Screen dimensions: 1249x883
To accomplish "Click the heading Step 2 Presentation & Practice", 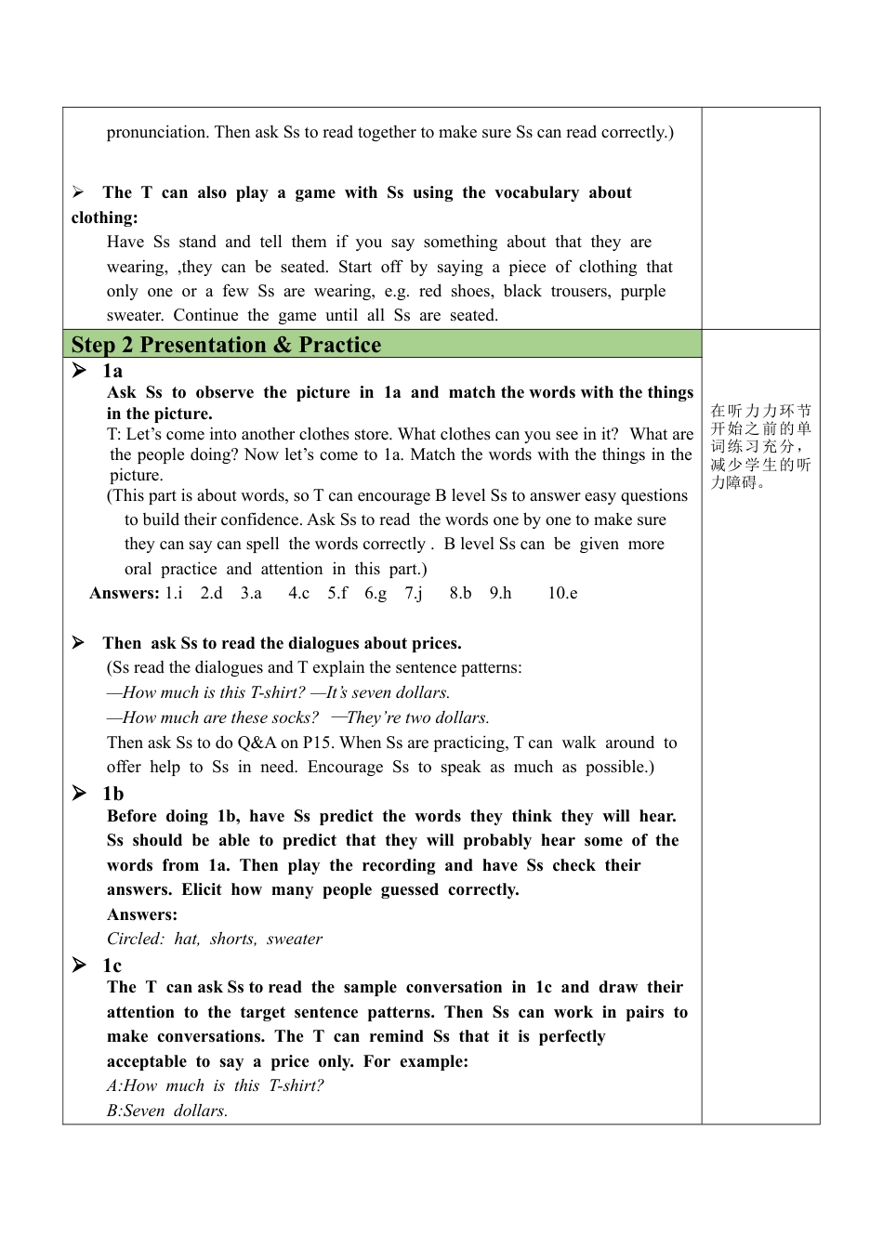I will coord(226,345).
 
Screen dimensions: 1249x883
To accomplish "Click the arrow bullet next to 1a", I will coord(79,371).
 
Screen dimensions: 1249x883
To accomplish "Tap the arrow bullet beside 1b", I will coord(79,793).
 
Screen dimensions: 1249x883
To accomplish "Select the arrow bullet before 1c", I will coord(79,966).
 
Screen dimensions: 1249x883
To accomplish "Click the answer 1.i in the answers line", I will coord(174,593).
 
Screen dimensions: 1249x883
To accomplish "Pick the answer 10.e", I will coord(562,593).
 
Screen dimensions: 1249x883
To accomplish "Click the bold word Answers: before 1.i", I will coord(124,593).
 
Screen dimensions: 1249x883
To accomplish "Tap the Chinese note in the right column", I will coord(760,446).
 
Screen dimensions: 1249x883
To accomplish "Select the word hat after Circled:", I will coord(187,939).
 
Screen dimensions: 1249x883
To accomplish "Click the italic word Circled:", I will coord(136,939).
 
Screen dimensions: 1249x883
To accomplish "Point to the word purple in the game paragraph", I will coord(643,291).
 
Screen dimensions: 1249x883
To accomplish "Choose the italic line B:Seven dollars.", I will coord(167,1111).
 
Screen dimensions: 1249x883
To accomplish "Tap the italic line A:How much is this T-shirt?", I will coord(215,1085).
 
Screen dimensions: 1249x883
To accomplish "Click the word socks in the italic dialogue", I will coord(297,717).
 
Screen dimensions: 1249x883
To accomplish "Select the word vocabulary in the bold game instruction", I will coord(536,192).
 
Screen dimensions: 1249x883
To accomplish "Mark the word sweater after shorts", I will coord(295,939).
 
